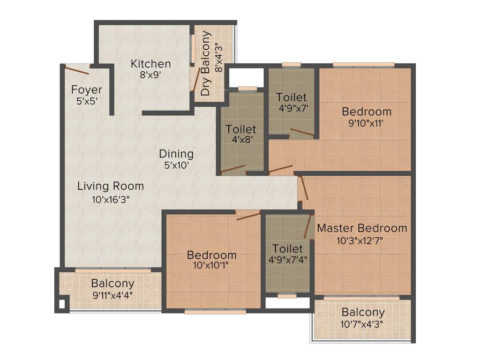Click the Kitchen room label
(x=150, y=64)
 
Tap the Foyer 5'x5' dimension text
(x=87, y=101)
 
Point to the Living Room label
(x=111, y=186)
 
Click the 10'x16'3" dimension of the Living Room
(x=111, y=199)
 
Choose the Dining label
(x=176, y=154)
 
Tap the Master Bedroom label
(x=362, y=228)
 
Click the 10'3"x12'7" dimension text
(x=362, y=240)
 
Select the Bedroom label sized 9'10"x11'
(x=367, y=112)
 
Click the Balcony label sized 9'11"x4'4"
(x=112, y=284)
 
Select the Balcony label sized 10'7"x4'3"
(x=363, y=312)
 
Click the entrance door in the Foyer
(x=77, y=71)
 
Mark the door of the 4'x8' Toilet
(x=233, y=169)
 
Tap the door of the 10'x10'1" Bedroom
(x=248, y=216)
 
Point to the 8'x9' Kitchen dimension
(x=150, y=75)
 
